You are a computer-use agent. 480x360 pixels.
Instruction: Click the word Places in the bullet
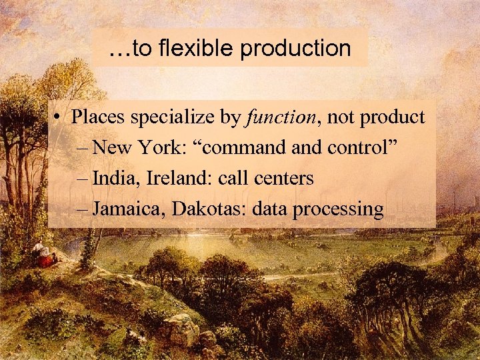coord(98,117)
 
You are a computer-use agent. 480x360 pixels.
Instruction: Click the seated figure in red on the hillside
coord(45,258)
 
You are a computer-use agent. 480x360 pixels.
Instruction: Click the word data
coord(269,209)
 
